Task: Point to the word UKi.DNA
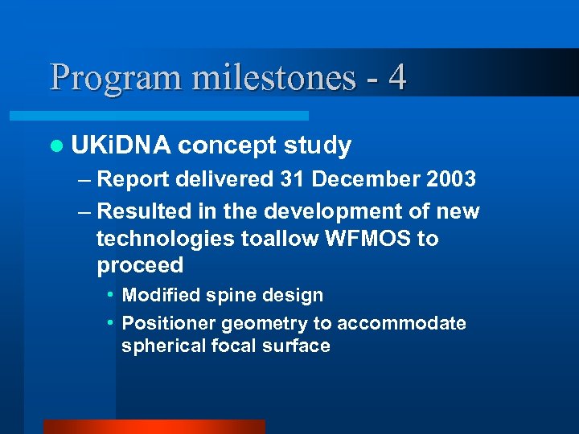coord(121,145)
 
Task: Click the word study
coord(317,145)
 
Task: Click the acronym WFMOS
coord(363,239)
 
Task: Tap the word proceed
coord(140,266)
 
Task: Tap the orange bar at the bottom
coord(154,427)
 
